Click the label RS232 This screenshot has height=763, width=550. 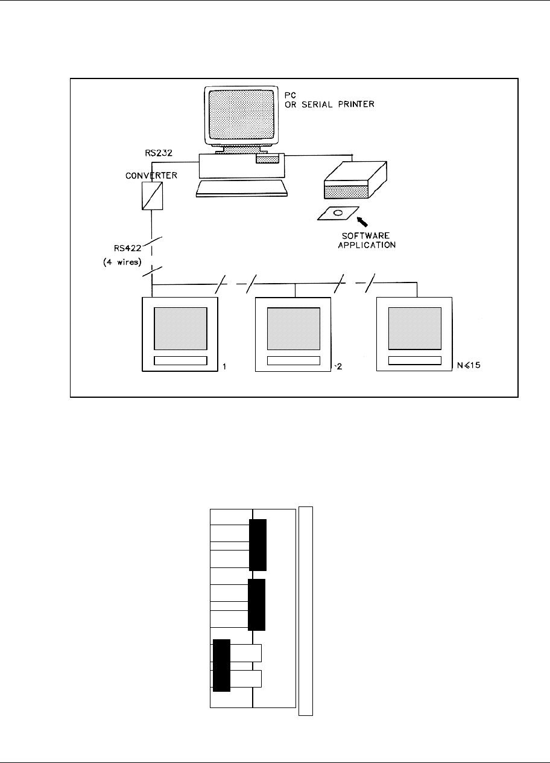pyautogui.click(x=163, y=153)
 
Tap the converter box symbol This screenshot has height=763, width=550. pyautogui.click(x=151, y=196)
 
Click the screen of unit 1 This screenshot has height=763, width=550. pyautogui.click(x=180, y=328)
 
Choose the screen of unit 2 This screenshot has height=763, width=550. pyautogui.click(x=294, y=328)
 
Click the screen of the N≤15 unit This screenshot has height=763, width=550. pyautogui.click(x=414, y=328)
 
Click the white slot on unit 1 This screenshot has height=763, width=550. pyautogui.click(x=180, y=361)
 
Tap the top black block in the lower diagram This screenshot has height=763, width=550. pyautogui.click(x=258, y=544)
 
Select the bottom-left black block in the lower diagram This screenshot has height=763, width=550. pyautogui.click(x=221, y=665)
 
